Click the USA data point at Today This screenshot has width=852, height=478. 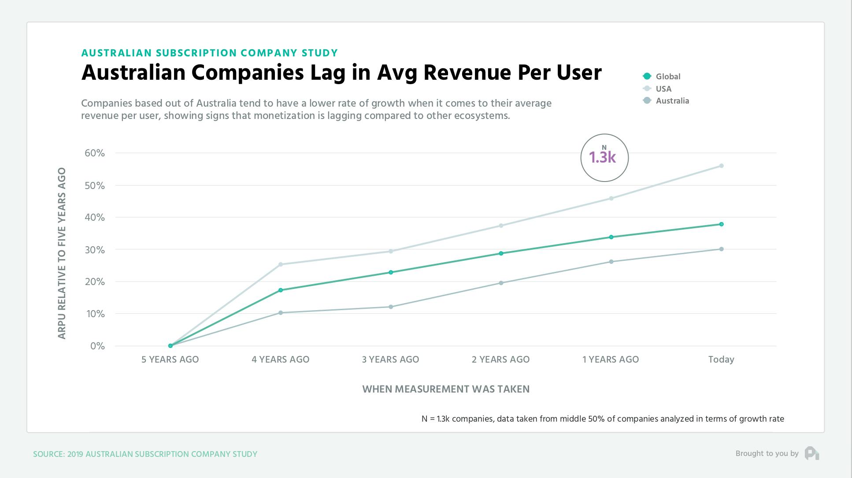[x=721, y=166]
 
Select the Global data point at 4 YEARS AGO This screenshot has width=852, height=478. [x=281, y=290]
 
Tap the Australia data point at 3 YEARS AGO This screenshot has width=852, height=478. [x=391, y=307]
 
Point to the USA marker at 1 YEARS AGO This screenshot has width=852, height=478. [x=611, y=198]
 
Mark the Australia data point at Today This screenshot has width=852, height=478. [x=721, y=249]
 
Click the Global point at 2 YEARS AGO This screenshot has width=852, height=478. [x=501, y=253]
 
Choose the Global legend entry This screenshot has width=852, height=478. [x=667, y=77]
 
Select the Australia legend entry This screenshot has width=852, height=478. [x=672, y=101]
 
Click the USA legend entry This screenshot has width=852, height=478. [x=663, y=89]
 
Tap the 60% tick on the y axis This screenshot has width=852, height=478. [x=95, y=153]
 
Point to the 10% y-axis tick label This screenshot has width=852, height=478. [x=95, y=314]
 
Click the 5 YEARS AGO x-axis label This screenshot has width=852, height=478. [x=170, y=359]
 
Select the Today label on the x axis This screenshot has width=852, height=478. [x=721, y=359]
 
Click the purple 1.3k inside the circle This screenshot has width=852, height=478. [x=602, y=158]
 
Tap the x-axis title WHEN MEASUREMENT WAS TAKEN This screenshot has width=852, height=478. [x=446, y=389]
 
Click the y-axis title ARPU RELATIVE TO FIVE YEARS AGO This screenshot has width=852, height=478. [x=62, y=253]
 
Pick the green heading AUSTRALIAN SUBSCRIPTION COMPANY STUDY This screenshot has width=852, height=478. [x=210, y=53]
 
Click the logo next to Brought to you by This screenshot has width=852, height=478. [x=811, y=453]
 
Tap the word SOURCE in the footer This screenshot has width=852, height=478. [x=48, y=454]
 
